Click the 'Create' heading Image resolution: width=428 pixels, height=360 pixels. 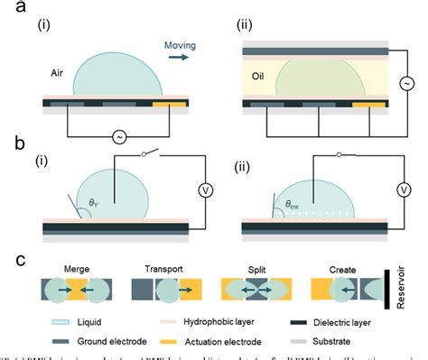click(x=342, y=268)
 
